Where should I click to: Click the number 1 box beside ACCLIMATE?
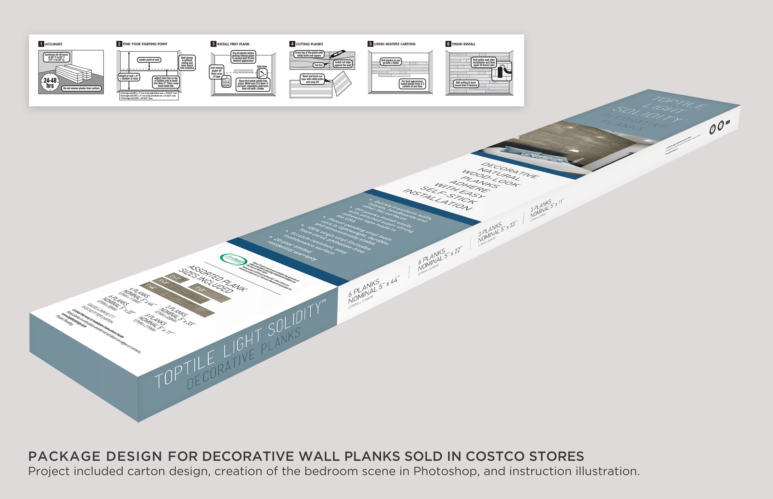coord(41,44)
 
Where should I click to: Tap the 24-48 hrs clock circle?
coord(50,83)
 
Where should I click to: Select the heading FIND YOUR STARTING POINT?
coord(145,44)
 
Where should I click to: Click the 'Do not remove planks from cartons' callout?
coord(81,88)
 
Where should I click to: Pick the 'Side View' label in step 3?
coord(262,67)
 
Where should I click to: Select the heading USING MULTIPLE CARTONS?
coord(394,44)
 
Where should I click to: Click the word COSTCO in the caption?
coord(495,456)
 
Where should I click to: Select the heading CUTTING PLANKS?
coord(309,44)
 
